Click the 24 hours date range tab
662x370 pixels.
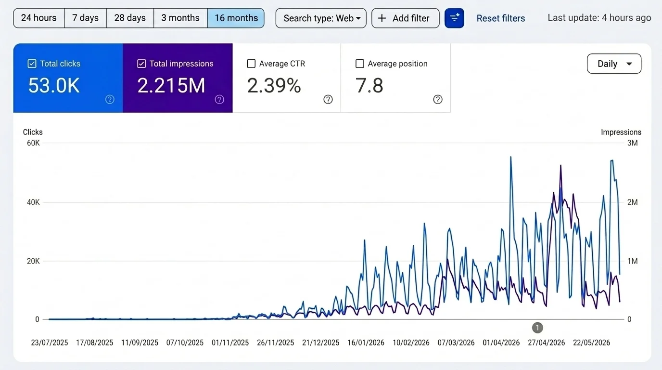(38, 18)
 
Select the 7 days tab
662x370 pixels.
(86, 18)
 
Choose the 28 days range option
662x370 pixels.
(130, 18)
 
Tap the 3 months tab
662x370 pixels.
(180, 18)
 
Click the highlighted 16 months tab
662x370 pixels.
(236, 18)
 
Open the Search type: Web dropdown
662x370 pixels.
(321, 18)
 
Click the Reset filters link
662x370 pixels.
(501, 18)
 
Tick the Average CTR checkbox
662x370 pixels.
(251, 64)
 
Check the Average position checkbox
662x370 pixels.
(360, 64)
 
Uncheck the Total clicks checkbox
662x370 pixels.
(32, 64)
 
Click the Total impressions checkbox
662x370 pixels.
(141, 64)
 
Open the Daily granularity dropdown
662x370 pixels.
(614, 64)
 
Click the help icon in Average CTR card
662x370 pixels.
(328, 99)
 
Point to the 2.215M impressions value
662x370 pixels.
(171, 86)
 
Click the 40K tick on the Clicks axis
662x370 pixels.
(33, 202)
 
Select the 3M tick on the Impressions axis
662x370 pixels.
(633, 143)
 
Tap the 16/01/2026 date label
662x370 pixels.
(366, 343)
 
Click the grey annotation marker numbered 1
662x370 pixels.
(537, 328)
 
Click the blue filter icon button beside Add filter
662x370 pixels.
(454, 18)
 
